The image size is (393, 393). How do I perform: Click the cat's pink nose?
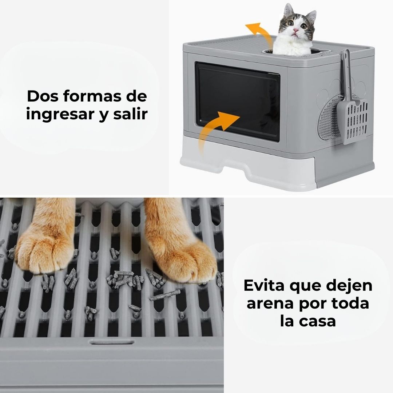[296, 30]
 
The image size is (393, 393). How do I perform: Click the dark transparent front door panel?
[237, 101]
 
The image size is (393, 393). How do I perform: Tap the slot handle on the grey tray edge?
[112, 342]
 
